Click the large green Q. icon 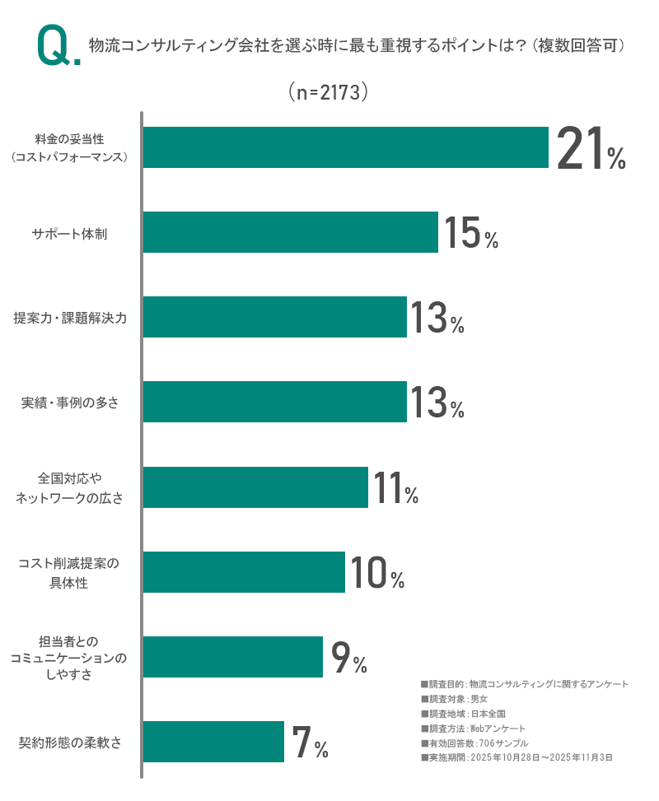[x=58, y=48]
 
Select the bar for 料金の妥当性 [x=345, y=147]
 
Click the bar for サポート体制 [x=290, y=232]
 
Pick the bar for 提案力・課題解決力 [x=274, y=317]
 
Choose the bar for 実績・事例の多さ [x=274, y=402]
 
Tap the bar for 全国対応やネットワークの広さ [x=255, y=487]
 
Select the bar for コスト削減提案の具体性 [x=244, y=571]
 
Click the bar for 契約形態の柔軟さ [x=213, y=741]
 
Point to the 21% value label [x=591, y=149]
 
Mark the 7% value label [x=310, y=743]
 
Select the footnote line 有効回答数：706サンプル [x=474, y=743]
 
